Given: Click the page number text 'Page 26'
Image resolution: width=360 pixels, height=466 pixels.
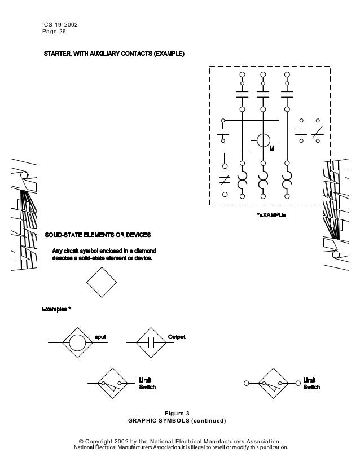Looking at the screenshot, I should tap(54, 31).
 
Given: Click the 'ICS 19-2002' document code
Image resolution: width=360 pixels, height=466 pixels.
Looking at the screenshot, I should tap(60, 24).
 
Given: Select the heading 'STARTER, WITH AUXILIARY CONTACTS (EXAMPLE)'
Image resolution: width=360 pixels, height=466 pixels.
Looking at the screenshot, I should tap(114, 54).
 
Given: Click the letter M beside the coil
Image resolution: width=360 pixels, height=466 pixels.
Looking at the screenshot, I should tap(271, 149).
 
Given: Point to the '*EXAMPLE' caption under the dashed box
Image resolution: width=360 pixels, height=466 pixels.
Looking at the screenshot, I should tap(271, 215).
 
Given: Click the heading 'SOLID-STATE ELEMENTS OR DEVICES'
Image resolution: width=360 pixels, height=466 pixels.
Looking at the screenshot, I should tap(98, 234).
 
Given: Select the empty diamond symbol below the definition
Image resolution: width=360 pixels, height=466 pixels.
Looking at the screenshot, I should tap(102, 280).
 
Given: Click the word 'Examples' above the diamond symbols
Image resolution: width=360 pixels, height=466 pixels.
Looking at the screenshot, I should tap(55, 310).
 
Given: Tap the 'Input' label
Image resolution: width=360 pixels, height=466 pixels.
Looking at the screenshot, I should tap(99, 337).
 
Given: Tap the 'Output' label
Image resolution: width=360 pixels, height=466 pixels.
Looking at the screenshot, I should tap(177, 337).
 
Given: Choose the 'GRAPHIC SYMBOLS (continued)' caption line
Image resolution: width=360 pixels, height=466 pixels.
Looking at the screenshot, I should tap(177, 421).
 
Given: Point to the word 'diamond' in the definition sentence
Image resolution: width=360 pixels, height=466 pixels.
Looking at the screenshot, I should tap(145, 250).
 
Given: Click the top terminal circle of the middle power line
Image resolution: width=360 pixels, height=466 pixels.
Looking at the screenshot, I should tap(263, 74).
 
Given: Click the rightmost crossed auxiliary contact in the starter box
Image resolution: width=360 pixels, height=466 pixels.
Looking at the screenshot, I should tap(318, 131).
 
